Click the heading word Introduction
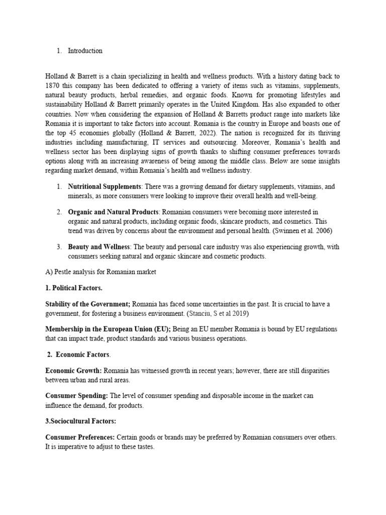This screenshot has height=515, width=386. coord(85,51)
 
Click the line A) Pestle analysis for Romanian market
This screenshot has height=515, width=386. coord(101,272)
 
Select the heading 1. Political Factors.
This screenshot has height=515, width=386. coord(74,288)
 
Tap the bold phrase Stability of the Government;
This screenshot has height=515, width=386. coord(88,304)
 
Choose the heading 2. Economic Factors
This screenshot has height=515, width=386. coord(78,354)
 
